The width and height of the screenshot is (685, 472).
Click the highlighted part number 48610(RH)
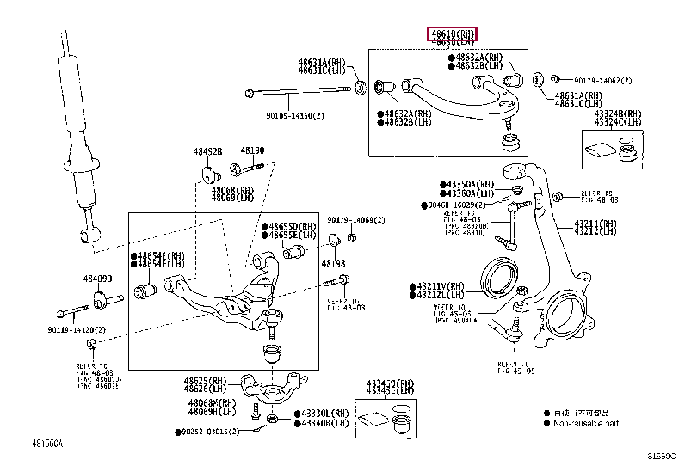click(453, 34)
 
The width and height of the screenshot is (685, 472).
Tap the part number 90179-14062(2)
click(602, 79)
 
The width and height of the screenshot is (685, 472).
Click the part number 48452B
click(207, 151)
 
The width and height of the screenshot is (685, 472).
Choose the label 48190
click(252, 150)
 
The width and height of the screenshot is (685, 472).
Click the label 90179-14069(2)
click(355, 220)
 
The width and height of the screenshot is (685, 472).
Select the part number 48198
click(334, 263)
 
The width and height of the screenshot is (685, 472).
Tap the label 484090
click(97, 279)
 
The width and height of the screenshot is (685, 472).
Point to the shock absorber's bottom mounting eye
click(88, 233)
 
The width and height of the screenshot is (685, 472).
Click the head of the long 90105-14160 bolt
click(250, 91)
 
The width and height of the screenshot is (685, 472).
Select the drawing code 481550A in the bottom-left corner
click(48, 444)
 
